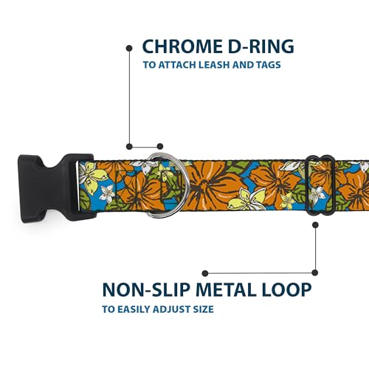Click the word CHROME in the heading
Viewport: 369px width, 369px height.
click(182, 46)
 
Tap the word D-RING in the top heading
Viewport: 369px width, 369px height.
click(261, 46)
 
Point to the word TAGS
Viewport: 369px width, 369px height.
click(268, 65)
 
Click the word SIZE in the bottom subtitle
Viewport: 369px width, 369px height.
click(203, 309)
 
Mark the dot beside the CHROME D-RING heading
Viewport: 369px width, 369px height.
click(129, 48)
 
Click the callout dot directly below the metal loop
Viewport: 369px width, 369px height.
click(315, 225)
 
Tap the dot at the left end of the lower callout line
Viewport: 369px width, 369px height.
click(205, 273)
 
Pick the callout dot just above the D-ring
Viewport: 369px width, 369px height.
click(160, 147)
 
